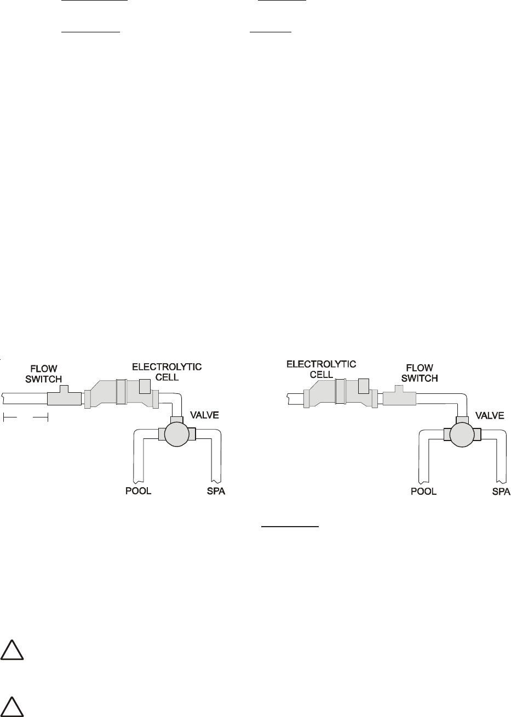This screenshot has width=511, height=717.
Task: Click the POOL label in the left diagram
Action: pos(136,491)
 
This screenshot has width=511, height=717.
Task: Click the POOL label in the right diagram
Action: pos(423,491)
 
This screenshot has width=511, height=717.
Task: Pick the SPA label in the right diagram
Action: pos(500,491)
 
